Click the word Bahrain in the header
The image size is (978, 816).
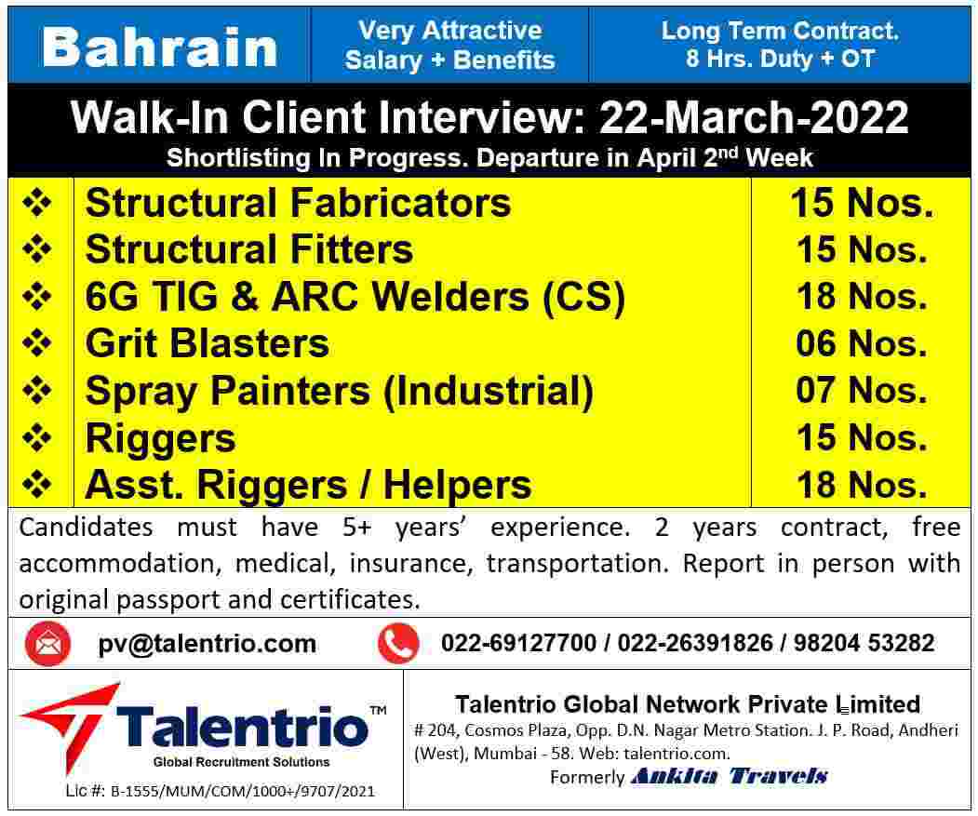pos(160,47)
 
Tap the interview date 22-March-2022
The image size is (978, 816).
pos(754,118)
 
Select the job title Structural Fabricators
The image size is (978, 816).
pos(298,203)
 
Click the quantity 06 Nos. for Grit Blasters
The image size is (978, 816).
pos(861,344)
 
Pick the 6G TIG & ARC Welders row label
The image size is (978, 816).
pos(355,297)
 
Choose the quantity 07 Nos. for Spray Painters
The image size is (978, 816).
pos(861,391)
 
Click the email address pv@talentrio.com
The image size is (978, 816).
pos(207,644)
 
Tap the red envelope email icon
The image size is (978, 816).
pos(47,644)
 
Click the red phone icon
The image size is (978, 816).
pos(398,644)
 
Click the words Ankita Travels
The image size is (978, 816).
pos(729,776)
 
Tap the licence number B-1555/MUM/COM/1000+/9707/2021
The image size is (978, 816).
pos(242,792)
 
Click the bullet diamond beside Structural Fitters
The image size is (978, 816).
pos(37,249)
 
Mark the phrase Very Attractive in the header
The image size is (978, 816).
pos(449,31)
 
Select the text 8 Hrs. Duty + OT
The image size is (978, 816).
pos(780,60)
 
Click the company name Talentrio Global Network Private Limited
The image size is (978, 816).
pos(688,704)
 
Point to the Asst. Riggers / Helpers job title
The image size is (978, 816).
pos(308,486)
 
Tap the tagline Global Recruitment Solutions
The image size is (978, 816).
pos(241,762)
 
